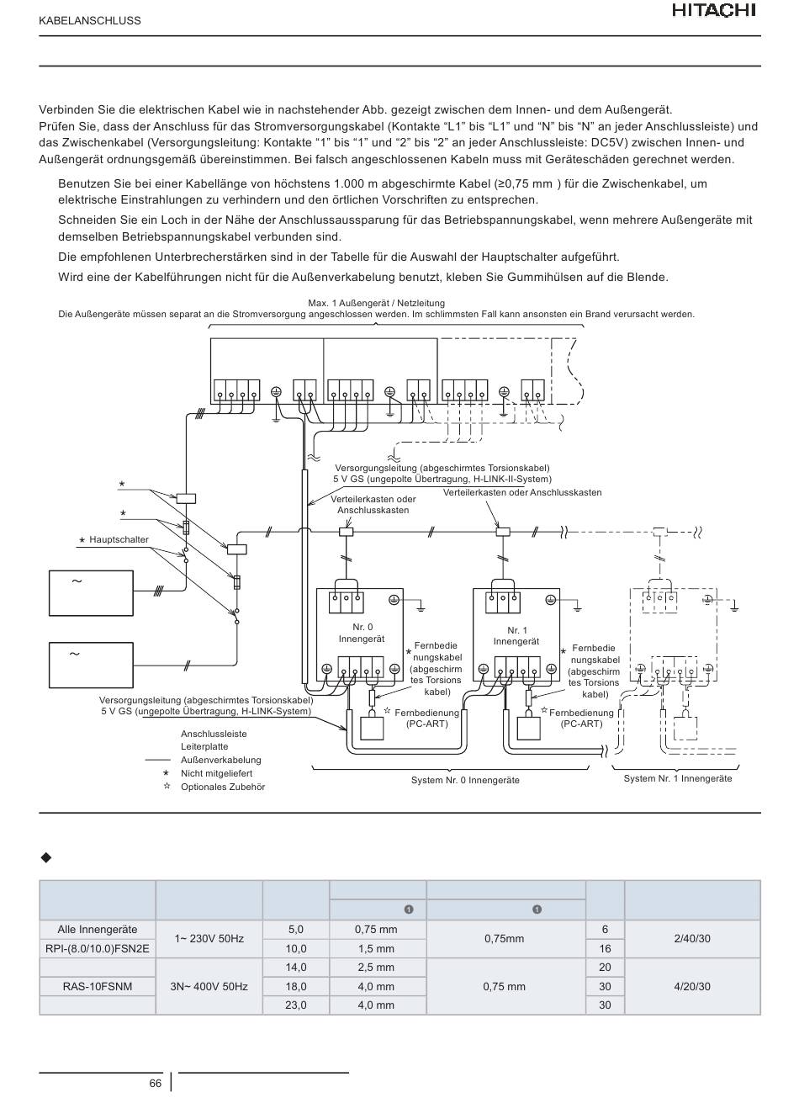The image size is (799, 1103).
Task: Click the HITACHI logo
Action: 714,11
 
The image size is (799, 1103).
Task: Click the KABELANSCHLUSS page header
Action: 90,21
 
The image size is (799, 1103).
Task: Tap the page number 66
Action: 155,1084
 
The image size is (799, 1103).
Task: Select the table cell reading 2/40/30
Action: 691,939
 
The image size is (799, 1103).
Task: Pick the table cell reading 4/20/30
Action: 691,986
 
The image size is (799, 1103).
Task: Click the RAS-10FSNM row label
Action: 98,986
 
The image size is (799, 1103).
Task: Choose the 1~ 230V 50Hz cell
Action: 209,939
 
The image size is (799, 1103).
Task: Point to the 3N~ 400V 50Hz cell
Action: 209,986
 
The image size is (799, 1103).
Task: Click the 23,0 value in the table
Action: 296,1005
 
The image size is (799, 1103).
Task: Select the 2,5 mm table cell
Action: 376,967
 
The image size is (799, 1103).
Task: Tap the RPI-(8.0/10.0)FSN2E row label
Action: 98,948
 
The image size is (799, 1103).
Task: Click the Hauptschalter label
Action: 119,539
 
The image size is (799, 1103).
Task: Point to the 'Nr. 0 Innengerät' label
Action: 362,633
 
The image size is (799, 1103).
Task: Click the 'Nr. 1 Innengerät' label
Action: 516,636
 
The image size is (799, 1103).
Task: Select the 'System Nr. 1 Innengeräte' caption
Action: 677,778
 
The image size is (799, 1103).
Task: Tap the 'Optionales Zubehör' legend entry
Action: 223,787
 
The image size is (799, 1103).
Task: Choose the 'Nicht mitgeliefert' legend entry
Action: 217,773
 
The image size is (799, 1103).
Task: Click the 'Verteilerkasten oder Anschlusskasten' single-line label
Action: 522,492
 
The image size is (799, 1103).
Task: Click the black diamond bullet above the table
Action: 46,858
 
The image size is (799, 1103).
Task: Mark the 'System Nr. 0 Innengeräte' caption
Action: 465,780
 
